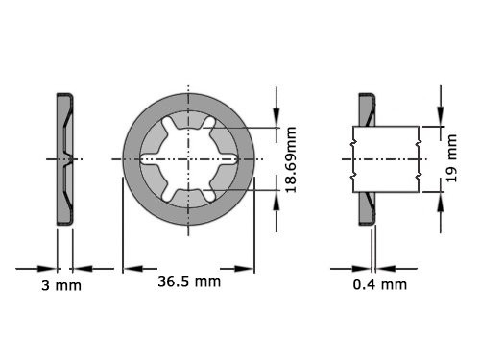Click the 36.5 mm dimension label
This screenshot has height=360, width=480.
(x=188, y=282)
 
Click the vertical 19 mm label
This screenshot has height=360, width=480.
(x=453, y=157)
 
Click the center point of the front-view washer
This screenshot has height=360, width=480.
(x=188, y=158)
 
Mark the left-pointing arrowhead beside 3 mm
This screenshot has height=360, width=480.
(x=80, y=268)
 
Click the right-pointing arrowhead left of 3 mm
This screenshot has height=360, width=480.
(x=48, y=268)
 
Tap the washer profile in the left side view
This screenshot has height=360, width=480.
(x=63, y=158)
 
